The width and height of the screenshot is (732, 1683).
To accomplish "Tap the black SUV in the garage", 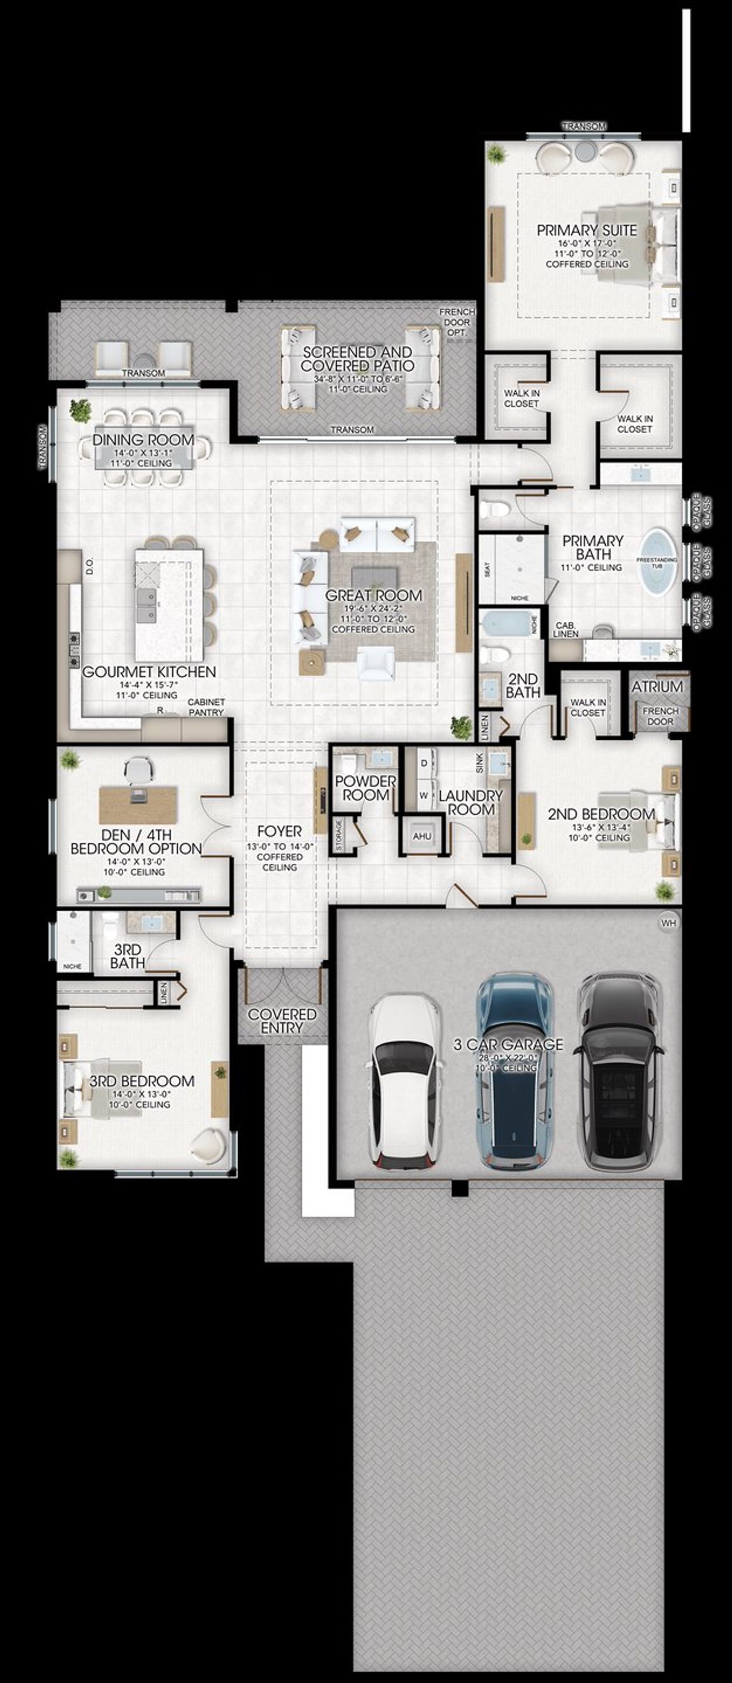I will pyautogui.click(x=618, y=1071).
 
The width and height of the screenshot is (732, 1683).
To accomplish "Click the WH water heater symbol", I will pyautogui.click(x=668, y=923).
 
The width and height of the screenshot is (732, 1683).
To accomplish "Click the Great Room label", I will pyautogui.click(x=373, y=595).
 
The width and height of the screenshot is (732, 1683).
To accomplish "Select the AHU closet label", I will pyautogui.click(x=422, y=836).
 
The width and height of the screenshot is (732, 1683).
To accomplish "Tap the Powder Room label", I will pyautogui.click(x=365, y=788).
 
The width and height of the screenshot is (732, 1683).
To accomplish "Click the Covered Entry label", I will pyautogui.click(x=283, y=1020).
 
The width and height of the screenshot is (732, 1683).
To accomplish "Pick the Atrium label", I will pyautogui.click(x=657, y=687).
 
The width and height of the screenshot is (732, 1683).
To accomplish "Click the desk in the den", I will pyautogui.click(x=138, y=804).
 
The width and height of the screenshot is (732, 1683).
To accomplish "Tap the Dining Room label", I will pyautogui.click(x=142, y=440).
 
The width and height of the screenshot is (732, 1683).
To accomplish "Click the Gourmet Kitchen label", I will pyautogui.click(x=149, y=672).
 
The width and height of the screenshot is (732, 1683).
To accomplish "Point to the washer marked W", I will pyautogui.click(x=424, y=795).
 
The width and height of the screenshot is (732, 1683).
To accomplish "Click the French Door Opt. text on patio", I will pyautogui.click(x=456, y=322).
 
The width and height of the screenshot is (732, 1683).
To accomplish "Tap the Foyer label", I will pyautogui.click(x=279, y=831).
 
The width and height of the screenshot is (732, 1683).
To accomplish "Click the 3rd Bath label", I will pyautogui.click(x=128, y=956).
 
